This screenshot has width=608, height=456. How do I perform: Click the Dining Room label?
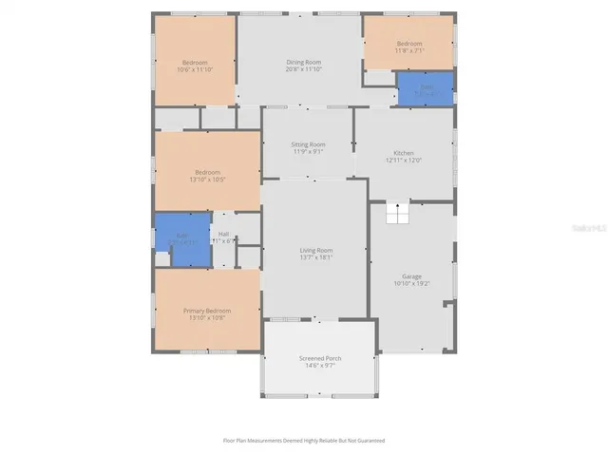coord(304,62)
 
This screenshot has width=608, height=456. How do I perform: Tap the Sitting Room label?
coord(308,144)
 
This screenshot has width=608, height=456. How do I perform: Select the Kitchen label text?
coord(404,154)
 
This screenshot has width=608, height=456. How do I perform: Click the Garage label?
coord(411,276)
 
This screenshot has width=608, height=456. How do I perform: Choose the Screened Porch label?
coord(320,357)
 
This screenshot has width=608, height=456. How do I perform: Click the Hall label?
coord(223,234)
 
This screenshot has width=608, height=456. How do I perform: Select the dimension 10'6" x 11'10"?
coord(195,69)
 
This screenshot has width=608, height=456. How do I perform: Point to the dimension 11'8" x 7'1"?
coord(408,51)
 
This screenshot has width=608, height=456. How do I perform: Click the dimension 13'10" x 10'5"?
coord(207,179)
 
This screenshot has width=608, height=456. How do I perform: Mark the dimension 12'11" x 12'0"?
coord(404,161)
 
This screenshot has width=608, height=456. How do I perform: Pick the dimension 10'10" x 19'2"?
coord(411,283)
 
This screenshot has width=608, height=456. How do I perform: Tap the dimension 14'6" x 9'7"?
coord(320,364)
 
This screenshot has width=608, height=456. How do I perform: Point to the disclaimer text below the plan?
coord(304,440)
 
